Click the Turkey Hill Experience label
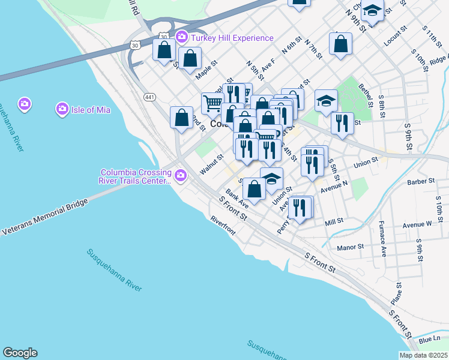click(232, 38)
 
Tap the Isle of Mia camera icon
click(62, 109)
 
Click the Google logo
click(20, 353)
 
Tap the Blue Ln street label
click(429, 340)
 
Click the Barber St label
click(420, 181)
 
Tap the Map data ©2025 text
click(423, 355)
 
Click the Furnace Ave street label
click(382, 239)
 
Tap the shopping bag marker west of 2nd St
click(181, 118)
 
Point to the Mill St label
click(333, 221)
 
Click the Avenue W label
click(417, 224)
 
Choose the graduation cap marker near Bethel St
click(326, 100)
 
